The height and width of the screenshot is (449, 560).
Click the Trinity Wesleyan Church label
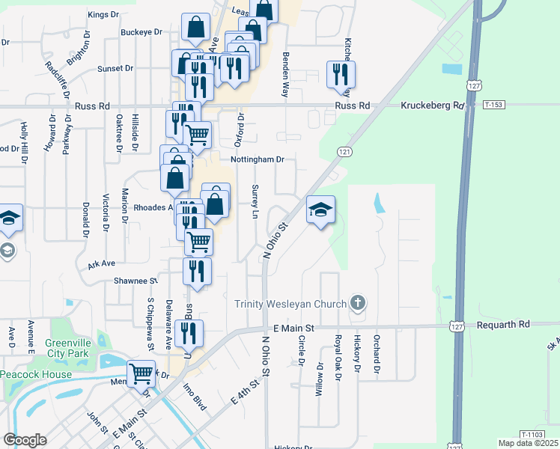pyautogui.click(x=290, y=304)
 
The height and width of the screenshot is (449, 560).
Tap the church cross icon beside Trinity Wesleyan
pyautogui.click(x=358, y=303)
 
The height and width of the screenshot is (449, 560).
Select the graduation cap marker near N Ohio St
pyautogui.click(x=320, y=210)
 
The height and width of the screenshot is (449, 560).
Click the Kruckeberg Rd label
pyautogui.click(x=433, y=106)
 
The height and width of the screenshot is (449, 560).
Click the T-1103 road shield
pyautogui.click(x=531, y=435)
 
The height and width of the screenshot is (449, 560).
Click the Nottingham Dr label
pyautogui.click(x=258, y=159)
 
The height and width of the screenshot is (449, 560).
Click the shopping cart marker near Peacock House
pyautogui.click(x=141, y=373)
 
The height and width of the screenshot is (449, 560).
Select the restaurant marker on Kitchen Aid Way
pyautogui.click(x=341, y=75)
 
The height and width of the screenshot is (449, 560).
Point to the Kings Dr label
pyautogui.click(x=103, y=14)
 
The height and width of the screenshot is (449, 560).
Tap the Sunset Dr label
pyautogui.click(x=115, y=68)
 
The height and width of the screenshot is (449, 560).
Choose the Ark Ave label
pyautogui.click(x=101, y=264)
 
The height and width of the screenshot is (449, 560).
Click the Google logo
pyautogui.click(x=25, y=440)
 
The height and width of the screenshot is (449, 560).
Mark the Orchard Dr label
pyautogui.click(x=377, y=359)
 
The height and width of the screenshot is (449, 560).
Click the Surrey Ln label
pyautogui.click(x=256, y=201)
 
